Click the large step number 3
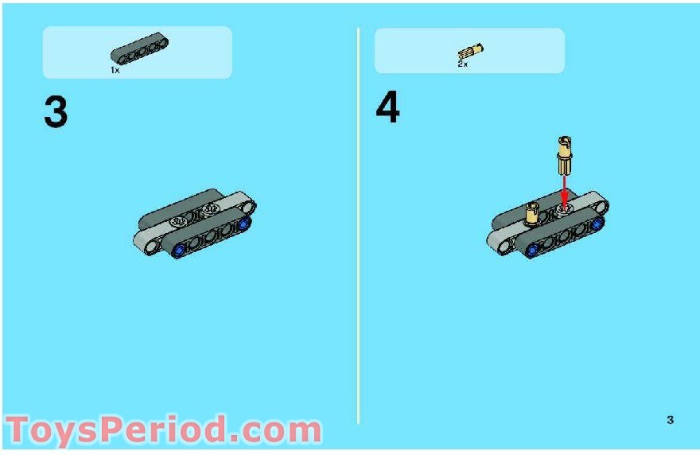pyautogui.click(x=56, y=112)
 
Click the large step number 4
pyautogui.click(x=387, y=109)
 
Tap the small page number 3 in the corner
pyautogui.click(x=671, y=420)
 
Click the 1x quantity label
pyautogui.click(x=115, y=71)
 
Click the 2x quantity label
pyautogui.click(x=462, y=64)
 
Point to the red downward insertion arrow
pyautogui.click(x=565, y=191)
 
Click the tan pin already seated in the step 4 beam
pyautogui.click(x=531, y=214)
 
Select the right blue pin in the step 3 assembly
pyautogui.click(x=242, y=225)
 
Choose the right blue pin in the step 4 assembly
pyautogui.click(x=596, y=225)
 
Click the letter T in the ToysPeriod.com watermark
pyautogui.click(x=20, y=430)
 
